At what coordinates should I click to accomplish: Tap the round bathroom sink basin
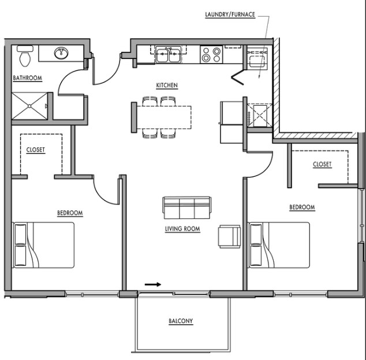61,53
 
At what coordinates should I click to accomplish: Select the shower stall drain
29,106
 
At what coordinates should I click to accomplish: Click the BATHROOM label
27,78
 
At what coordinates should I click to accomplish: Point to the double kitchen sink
169,54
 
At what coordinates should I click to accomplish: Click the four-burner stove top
211,54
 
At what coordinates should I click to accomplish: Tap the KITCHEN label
167,86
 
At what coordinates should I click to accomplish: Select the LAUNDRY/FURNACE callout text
230,14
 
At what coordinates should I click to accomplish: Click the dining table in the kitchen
164,117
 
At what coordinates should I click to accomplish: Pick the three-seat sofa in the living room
187,207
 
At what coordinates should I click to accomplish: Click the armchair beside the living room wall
229,236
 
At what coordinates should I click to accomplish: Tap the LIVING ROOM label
182,229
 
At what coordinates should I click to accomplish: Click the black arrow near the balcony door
153,284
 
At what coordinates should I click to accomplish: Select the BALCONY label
181,321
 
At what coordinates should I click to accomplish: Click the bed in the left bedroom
43,245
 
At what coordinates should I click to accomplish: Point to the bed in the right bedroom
279,245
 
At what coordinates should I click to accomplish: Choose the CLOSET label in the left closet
35,150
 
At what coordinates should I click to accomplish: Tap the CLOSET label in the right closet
322,164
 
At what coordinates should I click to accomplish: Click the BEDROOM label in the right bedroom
302,207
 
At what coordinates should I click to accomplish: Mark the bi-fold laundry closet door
238,77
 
